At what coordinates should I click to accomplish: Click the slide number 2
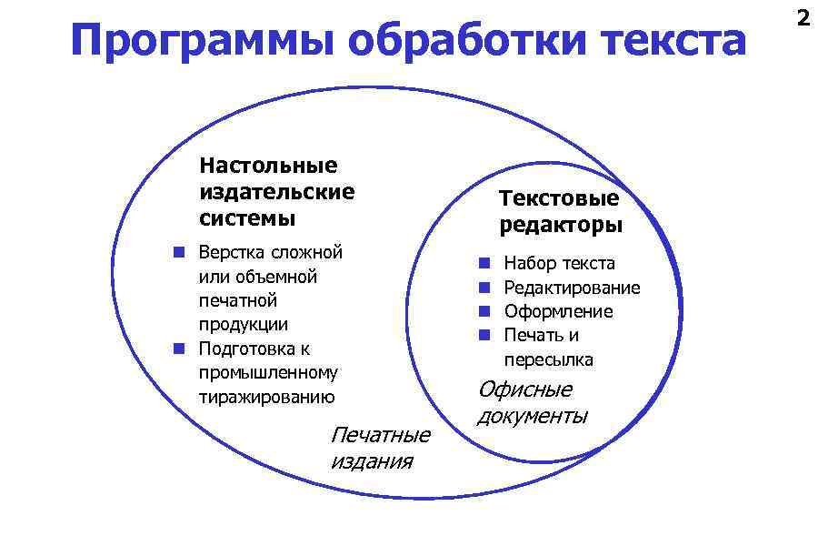point(802,17)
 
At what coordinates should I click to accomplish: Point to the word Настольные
point(268,166)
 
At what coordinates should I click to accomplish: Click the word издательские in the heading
point(276,192)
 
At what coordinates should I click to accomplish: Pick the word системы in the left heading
point(247,218)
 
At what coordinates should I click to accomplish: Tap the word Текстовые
point(559,198)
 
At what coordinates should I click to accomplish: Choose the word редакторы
point(561,225)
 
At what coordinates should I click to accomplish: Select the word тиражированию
point(267,397)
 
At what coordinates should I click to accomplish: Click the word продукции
point(244,325)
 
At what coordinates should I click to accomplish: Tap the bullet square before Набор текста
point(485,263)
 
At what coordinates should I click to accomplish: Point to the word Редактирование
point(572,288)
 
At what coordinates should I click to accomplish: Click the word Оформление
point(558,311)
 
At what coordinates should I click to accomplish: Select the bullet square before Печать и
point(485,335)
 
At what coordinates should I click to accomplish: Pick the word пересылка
point(548,359)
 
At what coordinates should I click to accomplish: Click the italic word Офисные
point(525,389)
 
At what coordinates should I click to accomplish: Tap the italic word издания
point(371,461)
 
